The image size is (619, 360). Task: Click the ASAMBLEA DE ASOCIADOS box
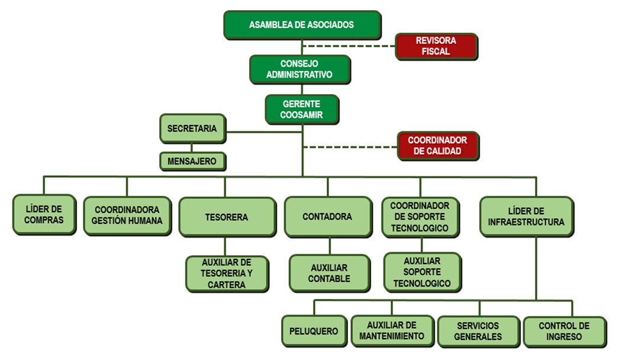[302, 25]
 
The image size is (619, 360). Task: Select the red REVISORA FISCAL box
[436, 46]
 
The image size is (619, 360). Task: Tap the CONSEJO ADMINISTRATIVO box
[299, 69]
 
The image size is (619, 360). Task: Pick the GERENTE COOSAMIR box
[302, 109]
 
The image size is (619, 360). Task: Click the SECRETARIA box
[192, 128]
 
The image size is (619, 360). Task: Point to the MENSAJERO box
[192, 160]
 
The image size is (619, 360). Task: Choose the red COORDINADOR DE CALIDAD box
[437, 146]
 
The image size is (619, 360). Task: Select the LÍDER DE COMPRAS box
[44, 214]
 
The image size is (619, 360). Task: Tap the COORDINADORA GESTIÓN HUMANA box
[127, 216]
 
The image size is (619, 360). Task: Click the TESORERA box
[227, 217]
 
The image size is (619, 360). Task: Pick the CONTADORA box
[327, 217]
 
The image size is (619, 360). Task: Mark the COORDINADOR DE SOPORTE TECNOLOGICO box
[420, 217]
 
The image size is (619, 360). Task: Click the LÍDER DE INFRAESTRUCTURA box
[526, 217]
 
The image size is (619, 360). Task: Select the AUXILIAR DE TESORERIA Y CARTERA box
[227, 274]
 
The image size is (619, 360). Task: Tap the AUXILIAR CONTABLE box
[330, 273]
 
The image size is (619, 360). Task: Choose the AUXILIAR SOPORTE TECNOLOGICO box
[422, 272]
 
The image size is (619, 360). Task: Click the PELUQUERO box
[314, 331]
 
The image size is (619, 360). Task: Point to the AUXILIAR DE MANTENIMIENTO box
[392, 331]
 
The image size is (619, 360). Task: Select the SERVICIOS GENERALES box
[478, 331]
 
